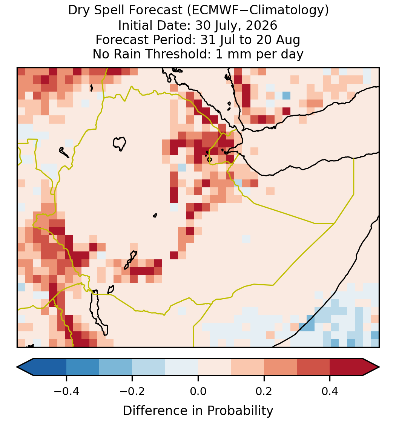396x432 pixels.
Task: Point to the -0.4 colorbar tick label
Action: click(x=66, y=391)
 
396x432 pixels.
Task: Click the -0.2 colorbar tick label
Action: click(x=132, y=391)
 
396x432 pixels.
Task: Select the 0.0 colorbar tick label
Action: click(x=198, y=391)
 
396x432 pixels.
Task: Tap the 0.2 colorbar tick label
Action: click(x=264, y=391)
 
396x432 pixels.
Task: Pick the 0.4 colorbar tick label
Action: click(x=330, y=391)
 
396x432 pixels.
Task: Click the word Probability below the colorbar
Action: click(x=240, y=411)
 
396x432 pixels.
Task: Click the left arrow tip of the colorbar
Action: click(x=17, y=367)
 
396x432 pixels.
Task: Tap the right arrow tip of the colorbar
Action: click(x=380, y=367)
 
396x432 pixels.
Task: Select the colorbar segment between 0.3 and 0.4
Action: click(x=313, y=367)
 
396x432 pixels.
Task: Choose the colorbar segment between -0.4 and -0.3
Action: click(x=83, y=367)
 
